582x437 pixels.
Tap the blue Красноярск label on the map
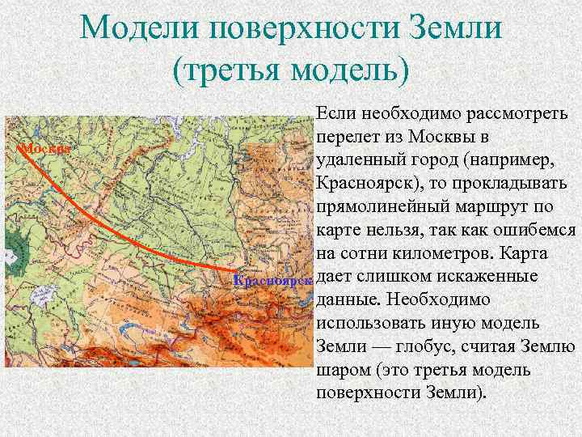pyautogui.click(x=272, y=281)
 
